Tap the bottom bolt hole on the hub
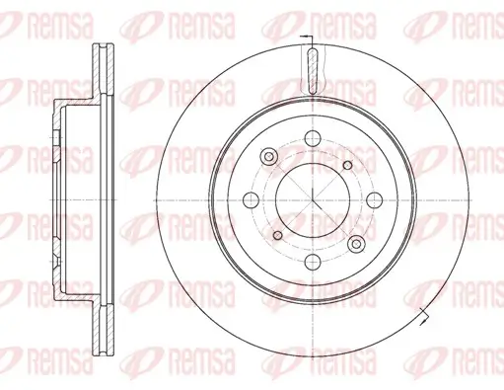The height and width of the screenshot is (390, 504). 311,263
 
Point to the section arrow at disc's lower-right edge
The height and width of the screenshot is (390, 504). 424,315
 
